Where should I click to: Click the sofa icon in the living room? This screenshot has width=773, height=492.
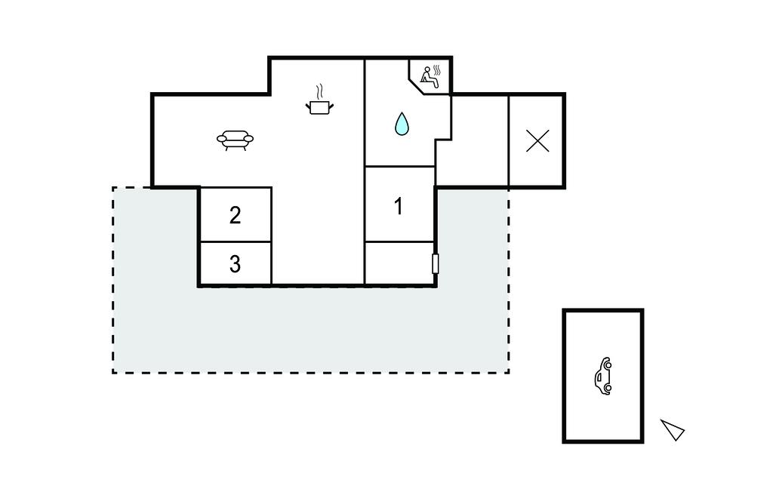click(x=235, y=140)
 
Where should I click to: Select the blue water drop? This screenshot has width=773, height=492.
click(x=401, y=124)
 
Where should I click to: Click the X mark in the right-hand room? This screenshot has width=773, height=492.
click(x=537, y=141)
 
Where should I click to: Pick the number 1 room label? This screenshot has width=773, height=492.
click(x=399, y=206)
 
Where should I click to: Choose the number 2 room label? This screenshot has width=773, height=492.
click(x=235, y=215)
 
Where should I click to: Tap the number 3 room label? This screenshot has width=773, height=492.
click(x=235, y=264)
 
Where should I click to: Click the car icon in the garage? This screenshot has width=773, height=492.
click(x=603, y=376)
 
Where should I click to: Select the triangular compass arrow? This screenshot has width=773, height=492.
click(x=673, y=429)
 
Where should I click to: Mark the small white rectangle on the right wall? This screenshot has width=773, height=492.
click(x=436, y=264)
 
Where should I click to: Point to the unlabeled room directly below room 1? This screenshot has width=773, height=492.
click(x=399, y=263)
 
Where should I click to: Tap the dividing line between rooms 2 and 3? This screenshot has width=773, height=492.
click(x=235, y=242)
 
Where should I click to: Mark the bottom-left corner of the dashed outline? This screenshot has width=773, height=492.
click(x=113, y=372)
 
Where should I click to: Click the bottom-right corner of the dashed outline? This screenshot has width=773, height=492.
click(x=508, y=372)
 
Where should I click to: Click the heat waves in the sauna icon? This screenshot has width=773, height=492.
click(x=437, y=72)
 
